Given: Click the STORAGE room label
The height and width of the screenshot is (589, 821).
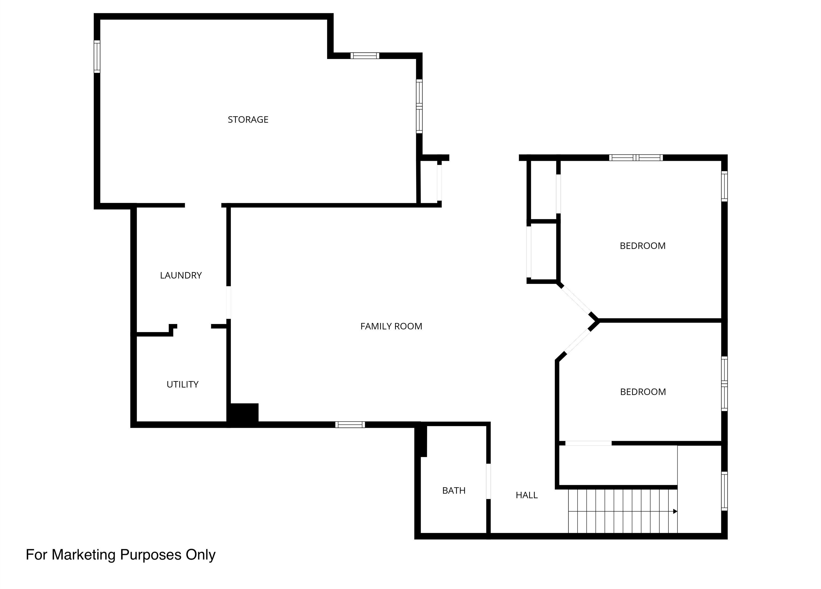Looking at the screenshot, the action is click(248, 120).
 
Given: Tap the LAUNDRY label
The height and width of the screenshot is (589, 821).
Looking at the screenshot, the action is click(181, 276).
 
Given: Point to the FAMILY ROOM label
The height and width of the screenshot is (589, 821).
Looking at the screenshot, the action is click(391, 326).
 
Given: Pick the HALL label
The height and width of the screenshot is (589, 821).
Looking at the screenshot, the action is click(527, 495).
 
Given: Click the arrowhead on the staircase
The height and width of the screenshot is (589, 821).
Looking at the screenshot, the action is click(675, 511).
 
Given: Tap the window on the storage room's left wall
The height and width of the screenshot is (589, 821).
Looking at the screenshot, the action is click(97, 56).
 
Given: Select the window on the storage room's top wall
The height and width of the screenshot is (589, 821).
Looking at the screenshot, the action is click(365, 56).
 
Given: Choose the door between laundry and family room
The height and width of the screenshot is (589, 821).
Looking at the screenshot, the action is click(229, 302).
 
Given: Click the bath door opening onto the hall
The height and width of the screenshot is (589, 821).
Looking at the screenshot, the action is click(488, 481).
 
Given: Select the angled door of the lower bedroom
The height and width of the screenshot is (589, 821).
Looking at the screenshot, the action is click(578, 342).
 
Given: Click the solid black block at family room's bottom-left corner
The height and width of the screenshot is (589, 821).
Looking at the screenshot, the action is click(243, 414).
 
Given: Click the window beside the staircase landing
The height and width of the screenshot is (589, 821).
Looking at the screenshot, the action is click(724, 491).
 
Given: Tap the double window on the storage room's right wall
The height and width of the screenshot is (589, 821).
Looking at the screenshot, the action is click(419, 106).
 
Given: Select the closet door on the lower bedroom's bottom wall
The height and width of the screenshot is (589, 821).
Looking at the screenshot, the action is click(588, 443).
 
